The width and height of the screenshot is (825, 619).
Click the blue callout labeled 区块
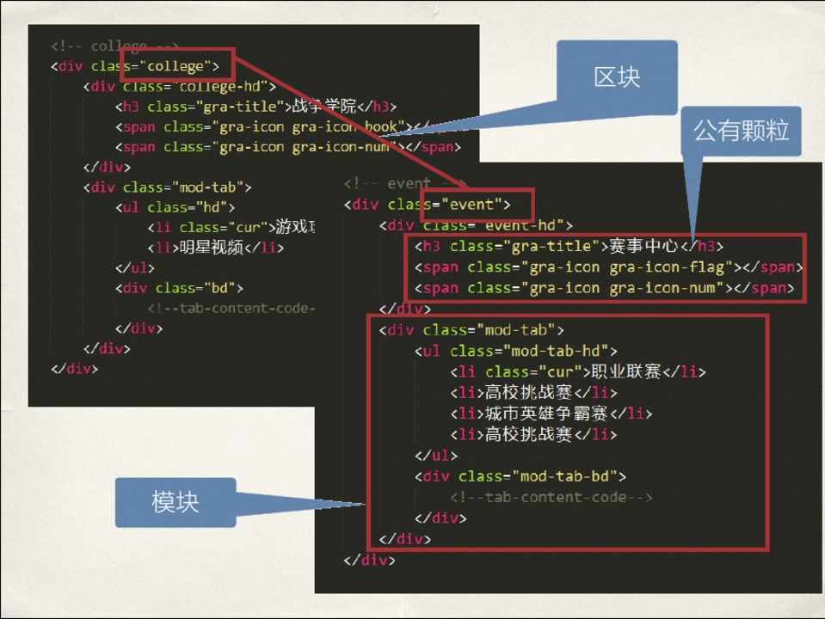pos(616,77)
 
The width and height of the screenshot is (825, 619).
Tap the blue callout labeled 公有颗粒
pos(741,132)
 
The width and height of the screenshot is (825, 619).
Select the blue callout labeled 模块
pos(175,502)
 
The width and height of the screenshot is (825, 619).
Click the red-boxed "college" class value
pos(176,66)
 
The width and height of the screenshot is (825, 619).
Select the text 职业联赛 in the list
pos(625,371)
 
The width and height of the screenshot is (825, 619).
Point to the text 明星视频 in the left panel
pos(208,248)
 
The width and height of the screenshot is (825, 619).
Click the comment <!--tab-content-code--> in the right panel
pos(551,497)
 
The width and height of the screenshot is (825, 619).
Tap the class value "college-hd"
pos(222,86)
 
